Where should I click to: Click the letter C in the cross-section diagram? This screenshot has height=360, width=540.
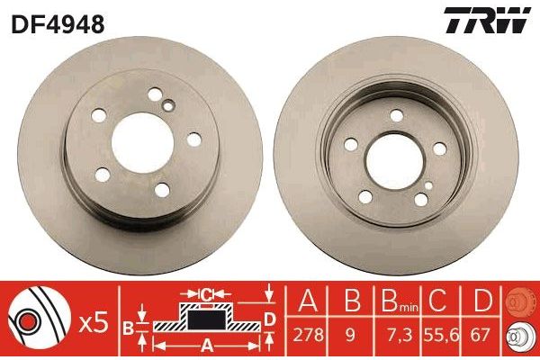point(206,293)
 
